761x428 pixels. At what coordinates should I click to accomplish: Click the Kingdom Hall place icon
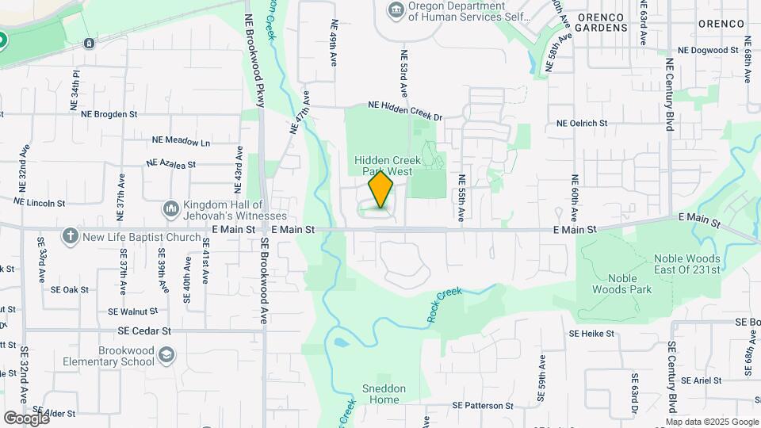(x=170, y=208)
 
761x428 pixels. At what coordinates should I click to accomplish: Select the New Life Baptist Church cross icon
(x=71, y=236)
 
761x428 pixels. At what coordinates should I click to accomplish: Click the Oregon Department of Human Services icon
(x=395, y=10)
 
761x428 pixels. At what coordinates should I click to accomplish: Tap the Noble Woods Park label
(x=621, y=284)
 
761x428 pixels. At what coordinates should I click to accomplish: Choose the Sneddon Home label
(x=384, y=394)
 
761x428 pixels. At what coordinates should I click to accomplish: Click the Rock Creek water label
(x=445, y=304)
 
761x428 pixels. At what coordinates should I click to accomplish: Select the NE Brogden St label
(x=109, y=113)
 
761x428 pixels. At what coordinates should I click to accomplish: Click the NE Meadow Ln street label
(x=182, y=142)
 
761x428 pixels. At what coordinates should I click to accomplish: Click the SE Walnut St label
(x=134, y=311)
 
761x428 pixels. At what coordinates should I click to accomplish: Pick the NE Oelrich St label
(x=582, y=123)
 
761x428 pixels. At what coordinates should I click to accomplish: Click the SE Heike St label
(x=591, y=334)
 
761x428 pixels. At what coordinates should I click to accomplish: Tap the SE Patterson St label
(x=483, y=405)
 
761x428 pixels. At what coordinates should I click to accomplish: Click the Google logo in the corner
(x=26, y=418)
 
